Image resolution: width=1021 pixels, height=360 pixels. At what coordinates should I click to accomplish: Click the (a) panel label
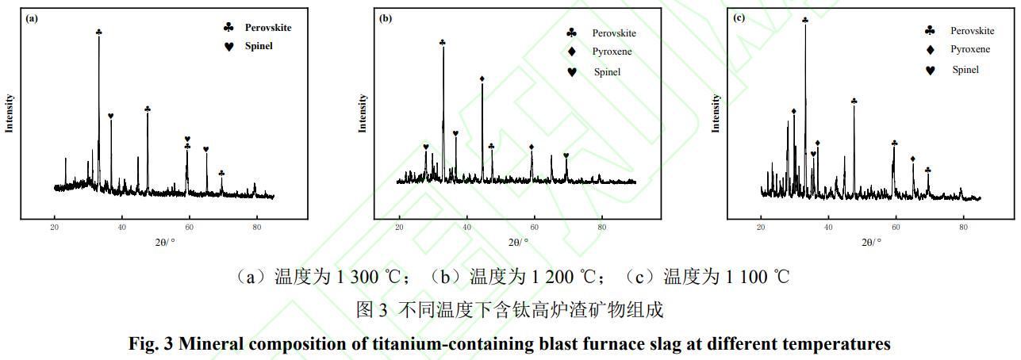coord(33,17)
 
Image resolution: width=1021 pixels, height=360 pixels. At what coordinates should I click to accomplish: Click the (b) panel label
coord(386,17)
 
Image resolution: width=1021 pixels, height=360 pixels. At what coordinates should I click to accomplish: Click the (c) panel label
coord(739,17)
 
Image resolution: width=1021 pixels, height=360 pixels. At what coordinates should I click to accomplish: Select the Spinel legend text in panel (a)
coord(259,46)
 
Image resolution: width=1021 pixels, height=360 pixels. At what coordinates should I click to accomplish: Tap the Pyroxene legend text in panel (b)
coord(612,52)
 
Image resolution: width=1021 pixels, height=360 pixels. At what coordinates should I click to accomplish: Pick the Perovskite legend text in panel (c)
coord(973,30)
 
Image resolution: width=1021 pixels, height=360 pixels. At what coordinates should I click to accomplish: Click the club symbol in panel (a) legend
coord(229,27)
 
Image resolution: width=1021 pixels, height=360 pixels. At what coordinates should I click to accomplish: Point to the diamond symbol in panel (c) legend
coord(930,49)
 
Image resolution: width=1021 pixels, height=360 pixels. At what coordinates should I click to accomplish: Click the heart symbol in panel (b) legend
coord(572,72)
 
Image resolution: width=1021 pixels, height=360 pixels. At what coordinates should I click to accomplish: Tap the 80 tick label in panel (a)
coord(256,228)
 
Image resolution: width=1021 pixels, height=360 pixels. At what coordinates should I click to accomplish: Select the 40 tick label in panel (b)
coord(466,229)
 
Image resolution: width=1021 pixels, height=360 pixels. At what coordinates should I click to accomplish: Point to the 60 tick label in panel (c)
coord(896,228)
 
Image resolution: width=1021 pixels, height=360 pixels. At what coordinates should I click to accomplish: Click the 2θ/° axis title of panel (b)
coord(517,242)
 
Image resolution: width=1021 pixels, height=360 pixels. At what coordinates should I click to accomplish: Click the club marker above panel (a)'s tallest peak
coord(98,32)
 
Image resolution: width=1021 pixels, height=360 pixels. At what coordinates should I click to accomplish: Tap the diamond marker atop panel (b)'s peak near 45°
coord(482,79)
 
